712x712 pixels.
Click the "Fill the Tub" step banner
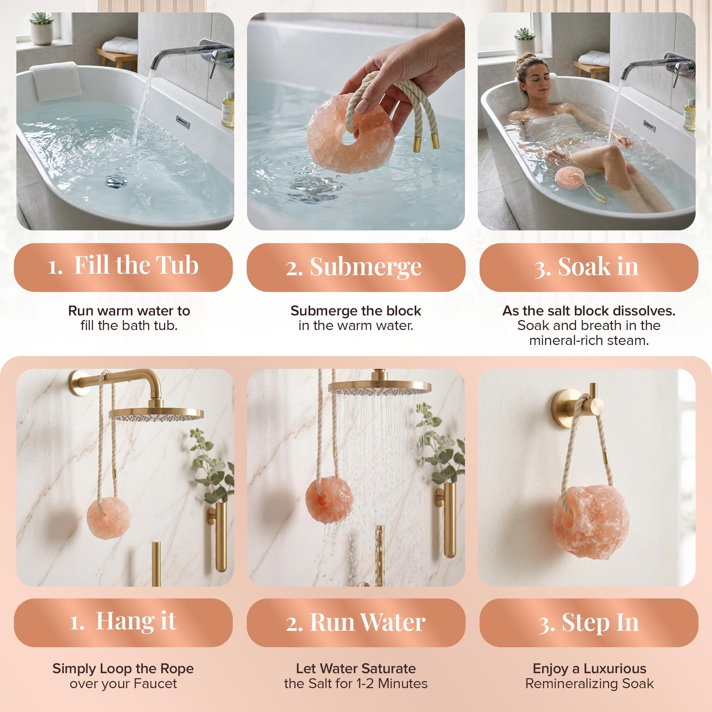(123, 267)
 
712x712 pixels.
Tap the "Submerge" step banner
(356, 267)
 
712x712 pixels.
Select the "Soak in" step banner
(589, 267)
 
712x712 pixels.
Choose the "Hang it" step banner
(123, 622)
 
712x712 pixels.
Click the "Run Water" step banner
(356, 622)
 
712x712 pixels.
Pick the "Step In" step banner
(589, 622)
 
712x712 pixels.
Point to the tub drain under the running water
(117, 181)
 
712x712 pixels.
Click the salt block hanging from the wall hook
(591, 516)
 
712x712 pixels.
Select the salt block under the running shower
(329, 499)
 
